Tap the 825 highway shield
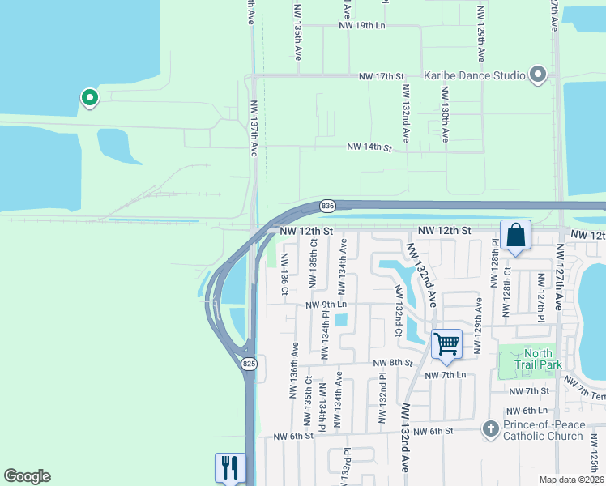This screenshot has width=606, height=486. click(x=249, y=364)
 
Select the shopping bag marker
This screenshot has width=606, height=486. click(x=515, y=236)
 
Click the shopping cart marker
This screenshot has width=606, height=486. click(x=446, y=344)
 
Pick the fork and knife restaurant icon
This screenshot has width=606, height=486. click(x=229, y=467)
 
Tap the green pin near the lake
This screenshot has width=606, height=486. click(x=89, y=98)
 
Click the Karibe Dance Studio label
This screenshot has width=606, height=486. click(x=475, y=76)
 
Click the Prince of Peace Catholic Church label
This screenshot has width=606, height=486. click(x=543, y=430)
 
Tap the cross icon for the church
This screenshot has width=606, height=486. click(x=490, y=428)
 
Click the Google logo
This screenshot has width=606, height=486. click(x=28, y=476)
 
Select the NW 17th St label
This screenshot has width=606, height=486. click(x=382, y=76)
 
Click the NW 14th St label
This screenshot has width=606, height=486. click(x=369, y=147)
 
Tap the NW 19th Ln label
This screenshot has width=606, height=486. click(x=362, y=26)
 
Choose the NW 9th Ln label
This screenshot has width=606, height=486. click(x=326, y=305)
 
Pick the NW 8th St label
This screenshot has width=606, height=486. click(x=394, y=363)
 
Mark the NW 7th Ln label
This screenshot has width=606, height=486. click(x=449, y=374)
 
